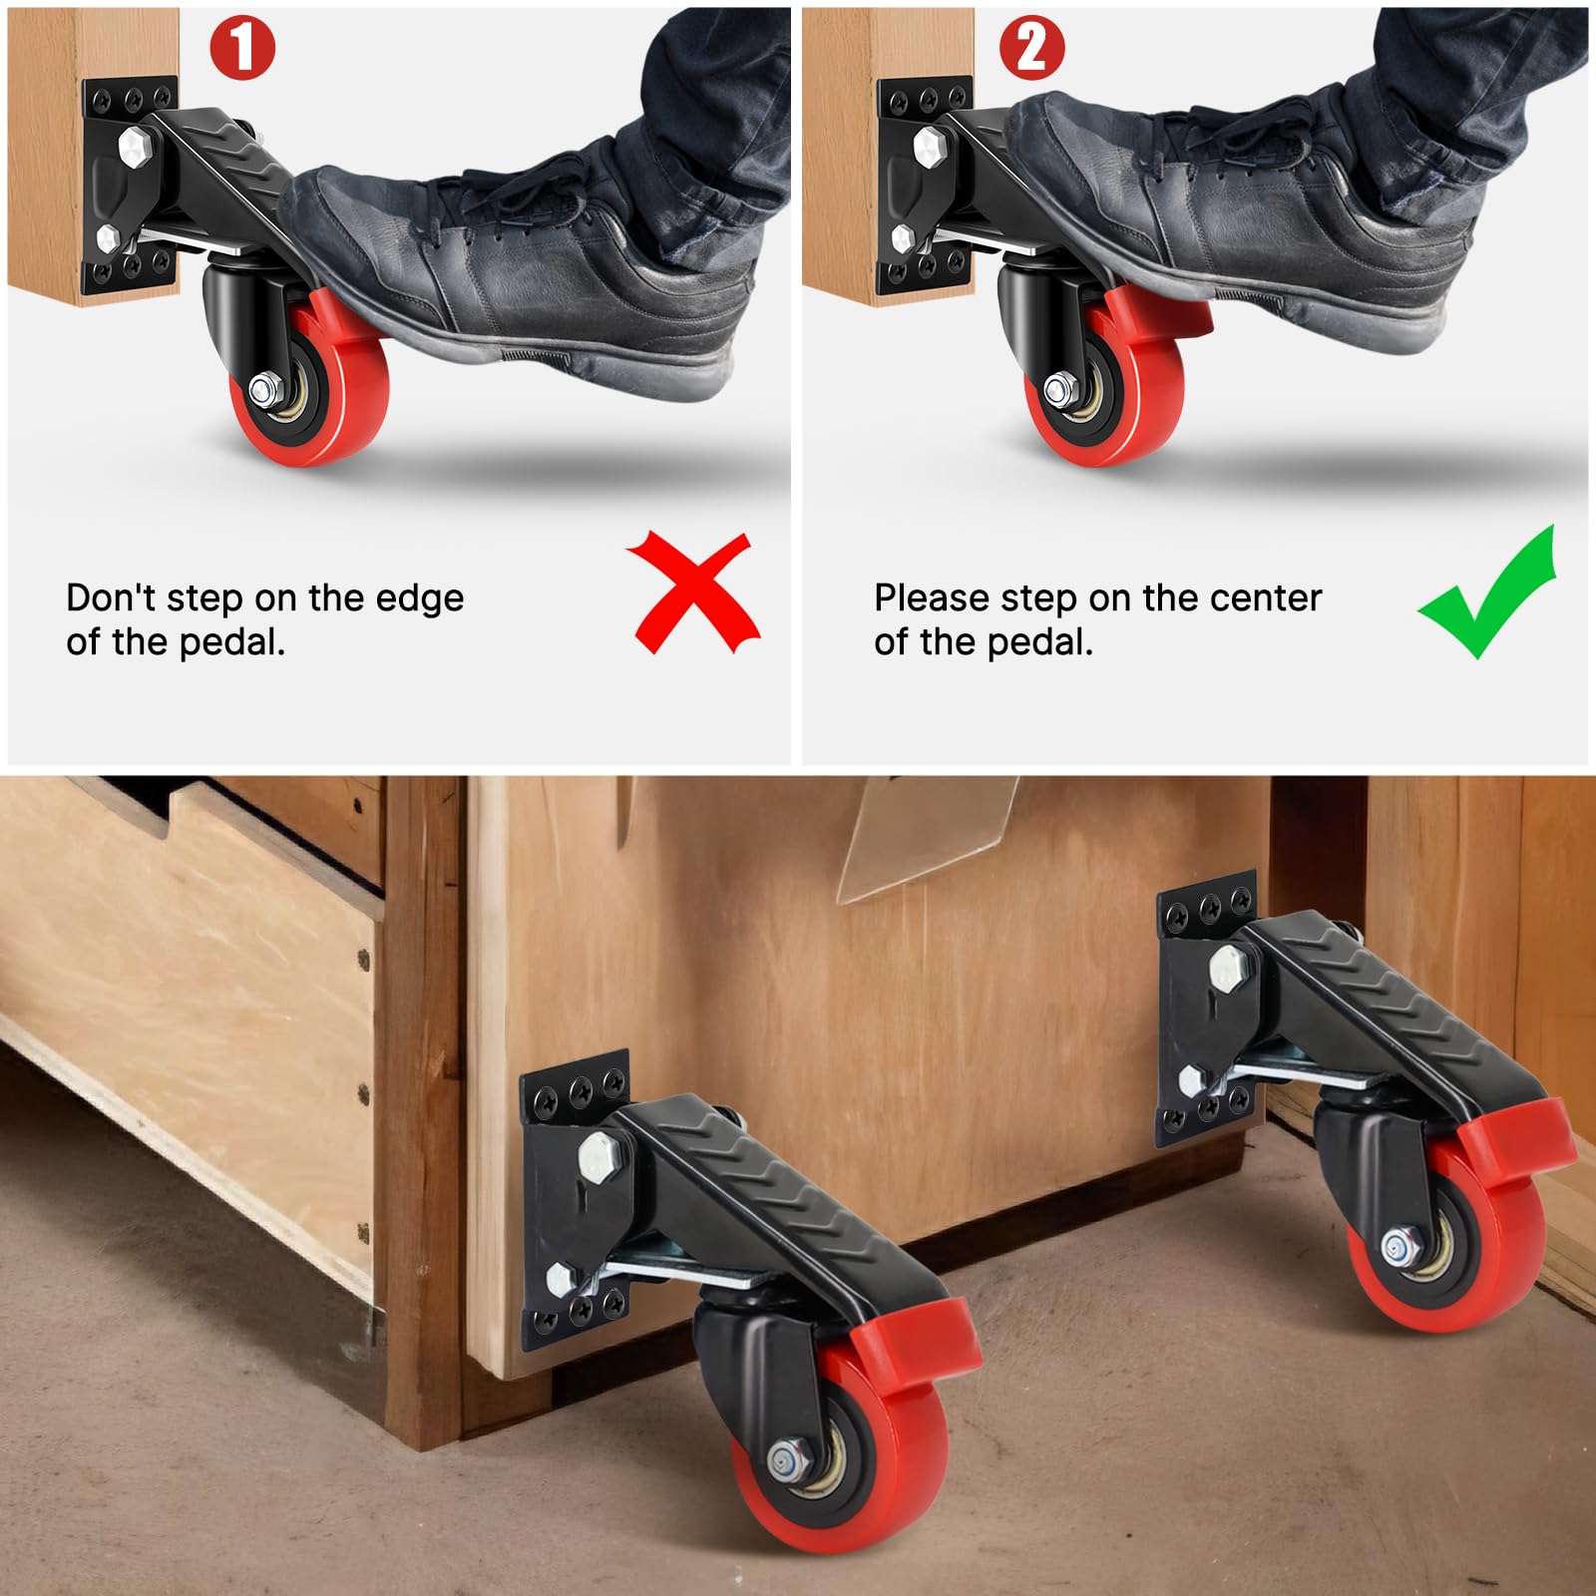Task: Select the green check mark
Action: click(1488, 593)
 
